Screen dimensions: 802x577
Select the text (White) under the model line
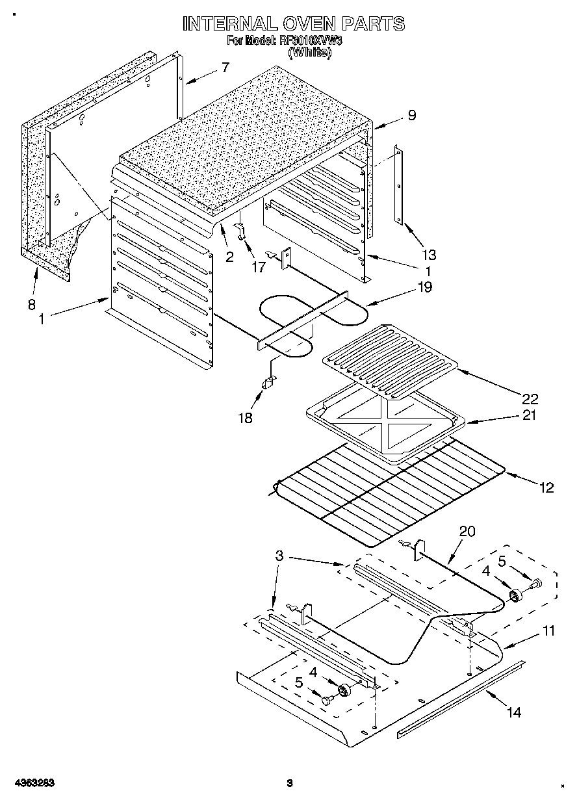[x=309, y=54]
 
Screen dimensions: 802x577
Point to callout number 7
[x=225, y=66]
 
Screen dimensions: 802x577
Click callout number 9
[x=411, y=115]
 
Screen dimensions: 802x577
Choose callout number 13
[x=429, y=254]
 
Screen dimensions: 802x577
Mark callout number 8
[x=31, y=304]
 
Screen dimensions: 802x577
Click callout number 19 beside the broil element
[x=426, y=287]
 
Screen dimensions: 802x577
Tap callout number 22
[x=530, y=398]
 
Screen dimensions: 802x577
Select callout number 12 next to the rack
[x=546, y=487]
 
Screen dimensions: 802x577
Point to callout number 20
[x=467, y=532]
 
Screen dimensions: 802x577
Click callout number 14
[x=513, y=712]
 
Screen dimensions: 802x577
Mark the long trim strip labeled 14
[x=460, y=699]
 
